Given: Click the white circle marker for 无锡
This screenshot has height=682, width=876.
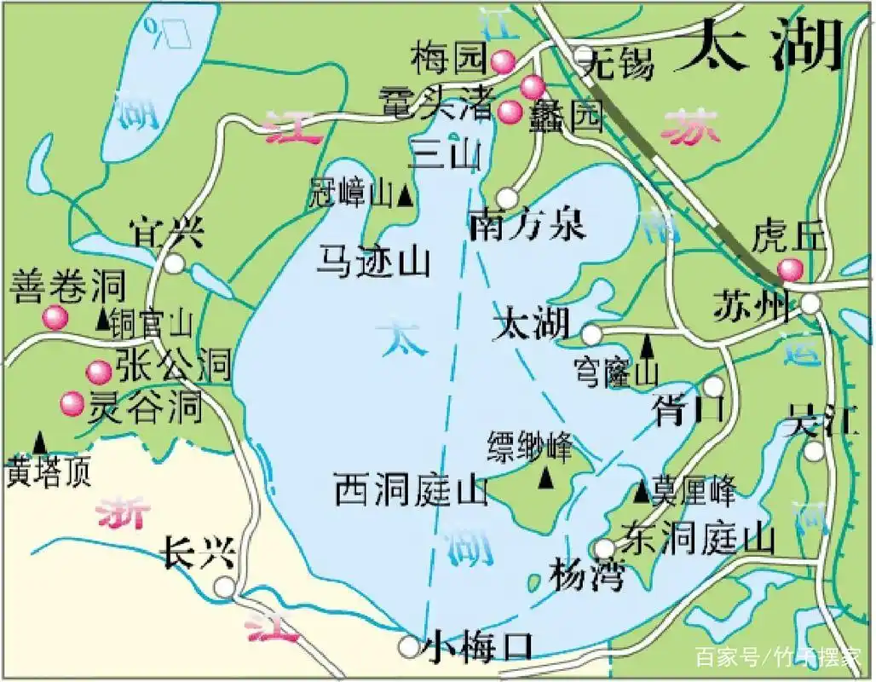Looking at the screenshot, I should (583, 56).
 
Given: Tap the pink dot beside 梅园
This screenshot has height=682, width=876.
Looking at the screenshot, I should (503, 60).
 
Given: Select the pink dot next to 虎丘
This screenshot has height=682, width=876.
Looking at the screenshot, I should (791, 269).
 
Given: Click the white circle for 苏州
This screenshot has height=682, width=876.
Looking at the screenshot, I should (810, 303).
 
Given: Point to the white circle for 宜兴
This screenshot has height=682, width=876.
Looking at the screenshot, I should (175, 263).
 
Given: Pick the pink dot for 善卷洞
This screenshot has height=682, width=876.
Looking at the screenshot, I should (55, 318).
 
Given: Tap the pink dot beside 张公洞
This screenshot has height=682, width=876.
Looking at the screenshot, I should (99, 371).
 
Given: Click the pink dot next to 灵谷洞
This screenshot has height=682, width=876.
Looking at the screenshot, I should (72, 402).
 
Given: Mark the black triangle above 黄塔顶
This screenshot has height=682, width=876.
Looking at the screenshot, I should (39, 442).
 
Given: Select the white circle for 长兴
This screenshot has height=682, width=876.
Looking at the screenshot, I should (224, 587).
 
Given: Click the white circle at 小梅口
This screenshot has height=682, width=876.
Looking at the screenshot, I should (410, 646).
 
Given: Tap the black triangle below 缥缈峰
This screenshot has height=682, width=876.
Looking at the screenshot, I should (545, 479).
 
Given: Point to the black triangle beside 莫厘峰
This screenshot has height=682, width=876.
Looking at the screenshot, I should (643, 492).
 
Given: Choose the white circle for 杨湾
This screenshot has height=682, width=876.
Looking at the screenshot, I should (604, 547).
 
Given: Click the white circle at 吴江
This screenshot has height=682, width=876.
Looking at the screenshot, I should (815, 449).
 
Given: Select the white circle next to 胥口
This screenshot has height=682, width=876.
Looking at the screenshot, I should (713, 386).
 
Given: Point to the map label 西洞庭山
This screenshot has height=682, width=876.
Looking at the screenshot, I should (411, 491).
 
